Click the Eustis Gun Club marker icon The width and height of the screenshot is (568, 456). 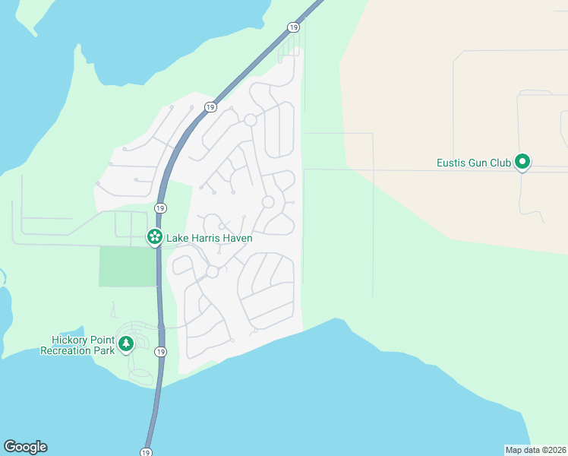(x=522, y=162)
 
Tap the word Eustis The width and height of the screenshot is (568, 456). (x=453, y=163)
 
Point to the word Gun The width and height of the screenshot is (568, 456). (x=482, y=163)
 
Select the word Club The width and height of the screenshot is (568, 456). (x=504, y=163)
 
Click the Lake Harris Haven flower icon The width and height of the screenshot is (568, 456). (x=154, y=237)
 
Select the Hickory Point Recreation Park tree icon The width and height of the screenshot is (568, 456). (x=126, y=344)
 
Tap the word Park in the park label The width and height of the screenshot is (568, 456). (x=106, y=350)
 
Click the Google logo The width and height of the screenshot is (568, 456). (x=25, y=447)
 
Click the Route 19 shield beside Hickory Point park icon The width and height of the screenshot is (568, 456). (x=160, y=352)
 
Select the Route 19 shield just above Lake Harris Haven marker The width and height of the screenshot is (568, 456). (x=159, y=208)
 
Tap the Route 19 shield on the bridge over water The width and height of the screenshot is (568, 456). (x=146, y=452)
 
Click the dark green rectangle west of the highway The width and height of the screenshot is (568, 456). (x=127, y=266)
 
